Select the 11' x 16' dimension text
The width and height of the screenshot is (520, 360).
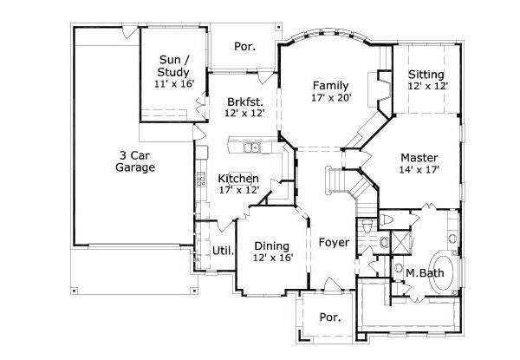coord(173,84)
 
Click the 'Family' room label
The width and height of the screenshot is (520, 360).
coord(330,86)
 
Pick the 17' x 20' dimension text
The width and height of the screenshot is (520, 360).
coord(330,99)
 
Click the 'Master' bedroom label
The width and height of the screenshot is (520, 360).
coord(419,157)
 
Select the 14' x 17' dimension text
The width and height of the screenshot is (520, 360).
coord(419,170)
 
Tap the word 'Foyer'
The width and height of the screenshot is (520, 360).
coord(334,242)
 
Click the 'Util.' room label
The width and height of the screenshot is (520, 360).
coord(211,252)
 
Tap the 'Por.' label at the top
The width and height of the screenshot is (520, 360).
coord(244,46)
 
